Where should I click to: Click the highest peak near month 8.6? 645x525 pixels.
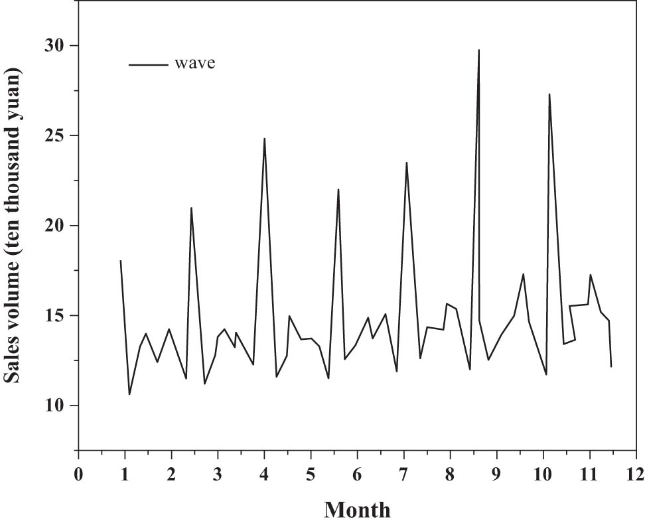(478, 50)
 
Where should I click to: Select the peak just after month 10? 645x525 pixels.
(549, 94)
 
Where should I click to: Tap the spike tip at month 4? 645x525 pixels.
(265, 139)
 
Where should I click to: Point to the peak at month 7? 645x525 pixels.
(406, 163)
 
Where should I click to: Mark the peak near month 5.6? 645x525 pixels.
(338, 189)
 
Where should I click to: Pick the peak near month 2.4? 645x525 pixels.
(191, 208)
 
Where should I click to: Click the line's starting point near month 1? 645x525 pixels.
(120, 261)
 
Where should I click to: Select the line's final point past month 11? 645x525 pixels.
(611, 366)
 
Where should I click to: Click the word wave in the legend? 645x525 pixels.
(195, 64)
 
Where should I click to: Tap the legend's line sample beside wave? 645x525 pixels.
(148, 64)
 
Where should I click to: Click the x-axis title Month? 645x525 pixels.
(357, 509)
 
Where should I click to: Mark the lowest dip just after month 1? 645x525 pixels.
(129, 394)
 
